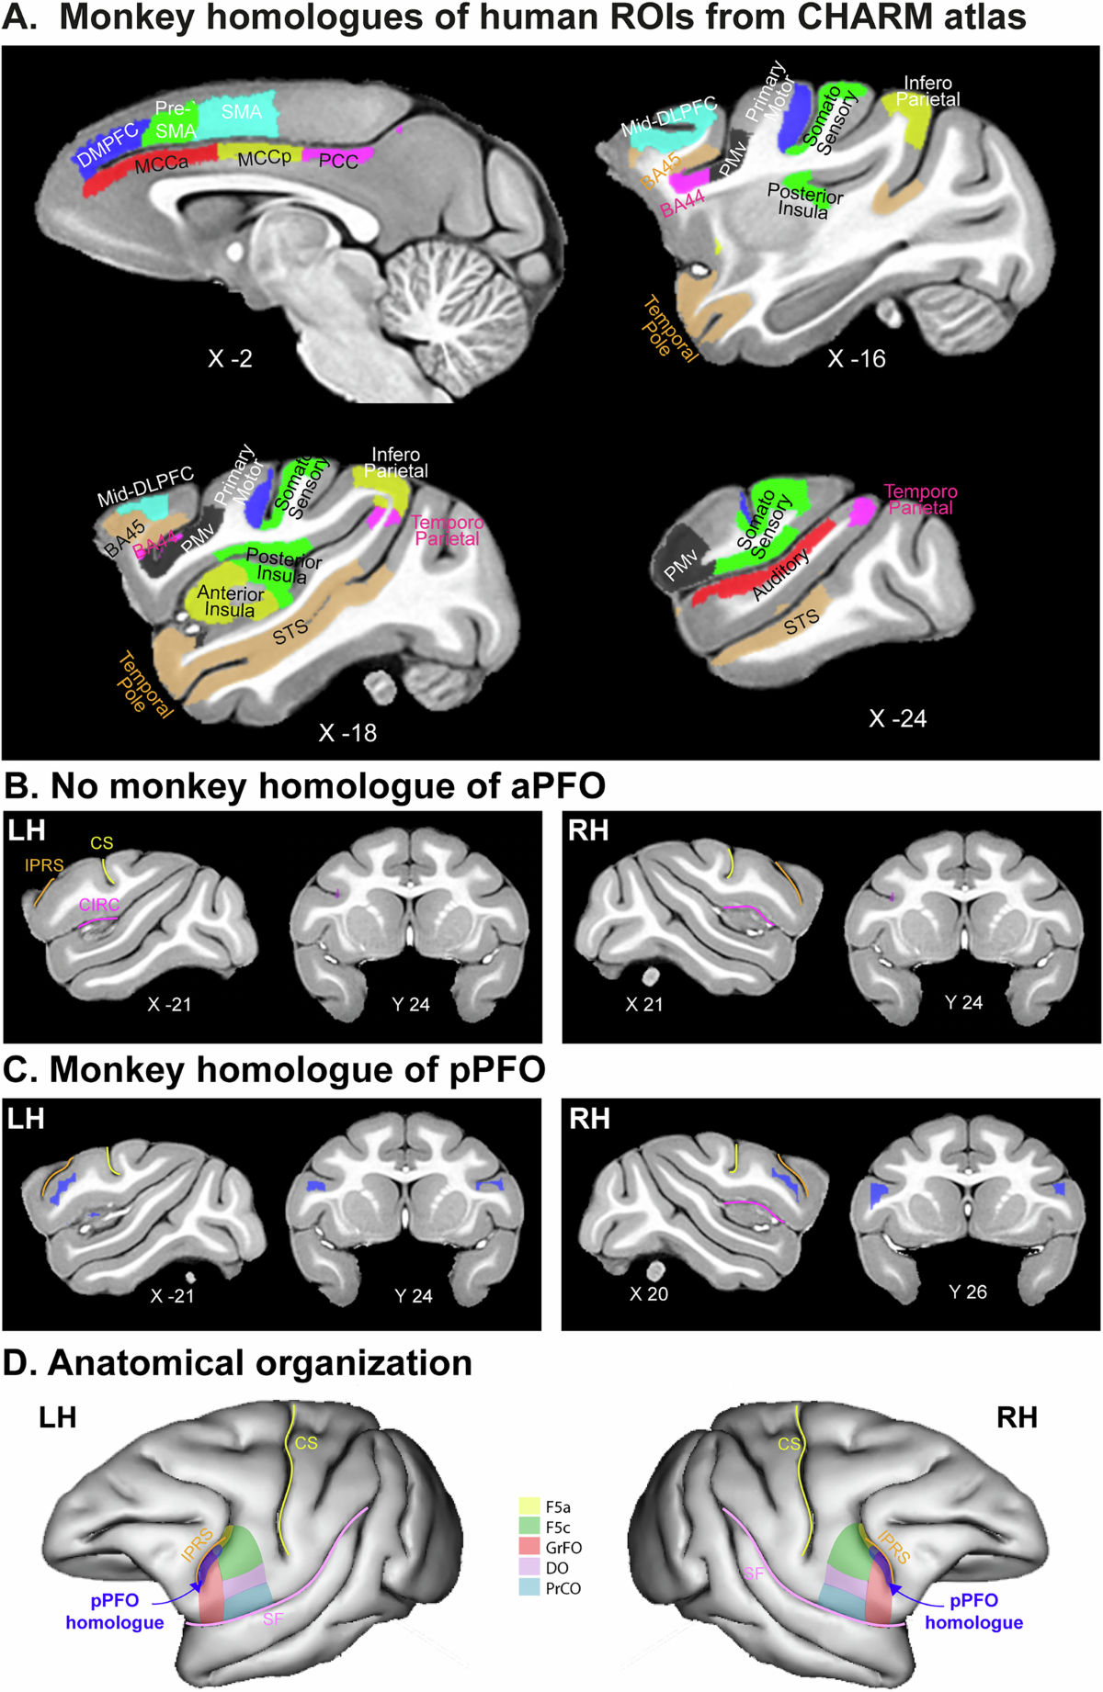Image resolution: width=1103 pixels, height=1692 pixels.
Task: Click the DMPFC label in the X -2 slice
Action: click(108, 145)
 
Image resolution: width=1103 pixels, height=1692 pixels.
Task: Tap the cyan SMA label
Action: click(242, 112)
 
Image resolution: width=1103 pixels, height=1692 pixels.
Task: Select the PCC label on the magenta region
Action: click(338, 161)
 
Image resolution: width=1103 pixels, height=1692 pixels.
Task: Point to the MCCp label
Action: click(264, 159)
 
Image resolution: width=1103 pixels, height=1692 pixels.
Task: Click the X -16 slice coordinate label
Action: click(856, 359)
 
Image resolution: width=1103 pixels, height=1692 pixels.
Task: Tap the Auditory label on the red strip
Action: click(781, 574)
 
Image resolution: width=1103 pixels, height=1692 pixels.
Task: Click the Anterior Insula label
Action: click(230, 602)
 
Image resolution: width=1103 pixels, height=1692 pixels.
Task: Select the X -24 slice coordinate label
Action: click(897, 718)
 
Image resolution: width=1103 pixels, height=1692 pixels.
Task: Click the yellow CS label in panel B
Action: click(102, 843)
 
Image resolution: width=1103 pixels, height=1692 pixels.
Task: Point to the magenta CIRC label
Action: click(99, 905)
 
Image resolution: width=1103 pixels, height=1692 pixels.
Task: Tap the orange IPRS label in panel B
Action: click(44, 865)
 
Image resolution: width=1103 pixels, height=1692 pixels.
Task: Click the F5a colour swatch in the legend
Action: click(529, 1506)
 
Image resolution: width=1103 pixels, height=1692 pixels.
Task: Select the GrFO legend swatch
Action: click(529, 1547)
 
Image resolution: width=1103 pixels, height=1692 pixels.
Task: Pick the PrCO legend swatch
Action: click(529, 1587)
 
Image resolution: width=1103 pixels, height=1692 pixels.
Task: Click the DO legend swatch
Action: click(529, 1567)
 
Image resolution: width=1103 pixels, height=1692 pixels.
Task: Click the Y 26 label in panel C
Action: click(968, 1292)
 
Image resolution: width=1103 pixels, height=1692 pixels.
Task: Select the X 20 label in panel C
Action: click(649, 1293)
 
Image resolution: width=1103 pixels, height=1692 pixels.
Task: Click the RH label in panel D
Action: click(1017, 1417)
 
